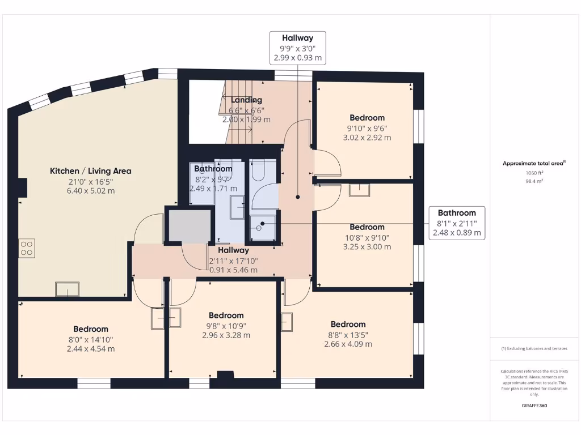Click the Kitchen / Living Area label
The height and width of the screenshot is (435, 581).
[90, 171]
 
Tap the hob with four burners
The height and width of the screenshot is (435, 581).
[27, 248]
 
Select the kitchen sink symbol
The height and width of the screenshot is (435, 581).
[68, 289]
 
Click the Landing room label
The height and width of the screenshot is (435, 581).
[246, 100]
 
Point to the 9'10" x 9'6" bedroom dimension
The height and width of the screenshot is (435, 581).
[367, 129]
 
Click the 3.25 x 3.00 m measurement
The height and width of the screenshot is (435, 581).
[367, 247]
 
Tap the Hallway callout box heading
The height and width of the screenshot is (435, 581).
[297, 38]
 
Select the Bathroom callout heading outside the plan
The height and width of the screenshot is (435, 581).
[457, 213]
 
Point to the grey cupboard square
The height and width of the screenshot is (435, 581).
[190, 226]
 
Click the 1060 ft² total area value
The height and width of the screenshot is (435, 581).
[534, 173]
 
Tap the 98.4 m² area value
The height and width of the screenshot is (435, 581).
[534, 181]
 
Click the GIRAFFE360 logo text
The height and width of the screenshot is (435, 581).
[534, 406]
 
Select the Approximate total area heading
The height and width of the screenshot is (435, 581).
[534, 163]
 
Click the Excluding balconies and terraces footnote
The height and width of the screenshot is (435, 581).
[534, 348]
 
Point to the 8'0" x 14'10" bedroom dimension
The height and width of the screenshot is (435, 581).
[91, 340]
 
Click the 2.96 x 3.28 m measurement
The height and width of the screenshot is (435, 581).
[226, 335]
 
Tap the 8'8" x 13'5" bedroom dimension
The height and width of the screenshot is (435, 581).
[348, 335]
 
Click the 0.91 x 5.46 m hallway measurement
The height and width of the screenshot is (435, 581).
[233, 270]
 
